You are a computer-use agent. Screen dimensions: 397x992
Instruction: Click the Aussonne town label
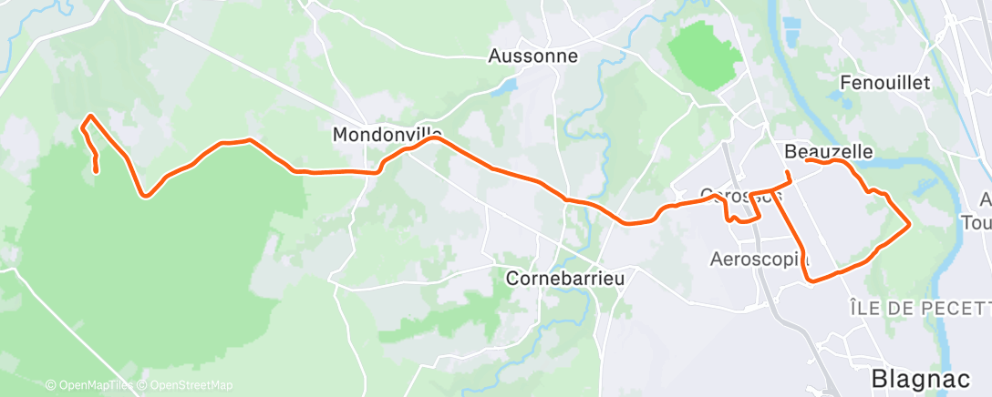(x=532, y=56)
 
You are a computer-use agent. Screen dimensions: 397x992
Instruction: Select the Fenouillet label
(x=883, y=83)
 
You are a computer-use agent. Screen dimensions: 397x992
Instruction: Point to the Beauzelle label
(x=829, y=150)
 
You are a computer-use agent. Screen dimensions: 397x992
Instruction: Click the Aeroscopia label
(x=759, y=260)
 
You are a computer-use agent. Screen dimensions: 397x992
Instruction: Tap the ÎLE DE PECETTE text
(x=919, y=309)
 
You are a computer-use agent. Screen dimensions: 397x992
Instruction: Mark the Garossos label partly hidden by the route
(x=740, y=195)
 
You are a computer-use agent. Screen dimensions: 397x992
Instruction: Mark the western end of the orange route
(x=97, y=170)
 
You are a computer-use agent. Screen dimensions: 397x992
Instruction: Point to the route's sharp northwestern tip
(x=88, y=116)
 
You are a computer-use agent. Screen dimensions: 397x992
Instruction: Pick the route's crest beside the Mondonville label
(x=434, y=138)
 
